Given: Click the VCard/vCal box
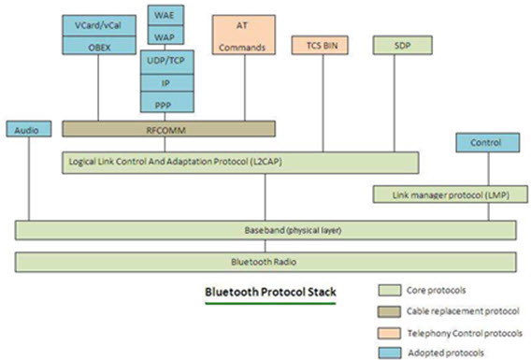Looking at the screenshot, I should [x=98, y=23].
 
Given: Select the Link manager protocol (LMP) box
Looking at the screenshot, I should [x=443, y=194].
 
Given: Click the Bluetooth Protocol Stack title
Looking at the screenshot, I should [x=273, y=293].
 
